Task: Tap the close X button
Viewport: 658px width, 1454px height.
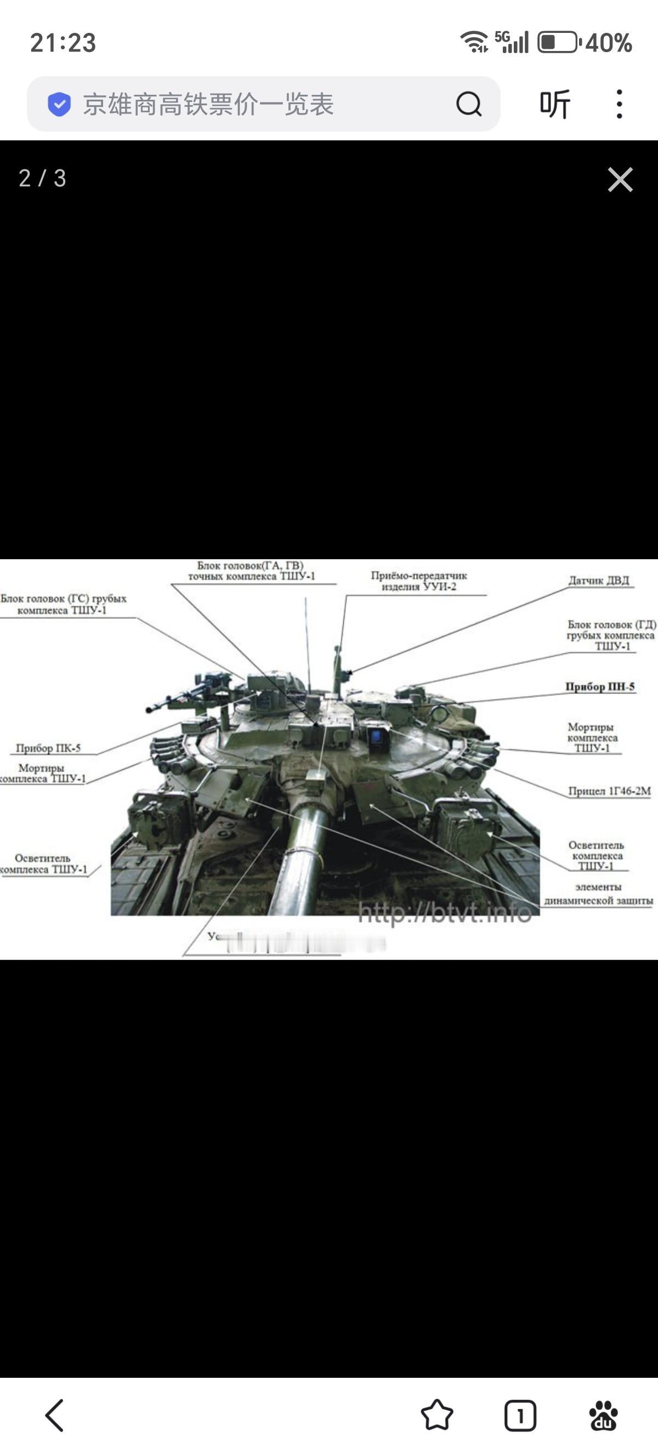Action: [x=620, y=179]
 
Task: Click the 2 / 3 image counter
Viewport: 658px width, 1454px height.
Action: [x=42, y=178]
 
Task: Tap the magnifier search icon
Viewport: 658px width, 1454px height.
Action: [x=468, y=104]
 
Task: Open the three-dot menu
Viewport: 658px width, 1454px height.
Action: [x=619, y=104]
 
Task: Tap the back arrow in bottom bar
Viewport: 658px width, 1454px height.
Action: [x=55, y=1415]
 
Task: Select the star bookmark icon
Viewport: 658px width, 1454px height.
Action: [x=437, y=1415]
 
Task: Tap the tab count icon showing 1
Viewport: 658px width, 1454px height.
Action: [x=520, y=1415]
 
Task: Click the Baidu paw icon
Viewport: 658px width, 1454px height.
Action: [x=603, y=1415]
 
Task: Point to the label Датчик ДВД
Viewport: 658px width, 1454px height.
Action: [x=598, y=580]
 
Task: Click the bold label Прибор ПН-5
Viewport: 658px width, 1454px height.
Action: [x=600, y=687]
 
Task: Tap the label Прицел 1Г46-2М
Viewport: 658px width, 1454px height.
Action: [x=609, y=791]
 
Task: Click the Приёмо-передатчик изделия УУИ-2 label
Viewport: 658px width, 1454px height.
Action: [x=419, y=581]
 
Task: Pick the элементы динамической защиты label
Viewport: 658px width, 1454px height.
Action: [x=598, y=894]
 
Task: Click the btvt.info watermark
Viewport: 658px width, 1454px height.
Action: [x=445, y=913]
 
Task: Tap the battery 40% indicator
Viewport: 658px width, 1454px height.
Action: [x=585, y=42]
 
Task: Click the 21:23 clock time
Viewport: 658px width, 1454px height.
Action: [x=63, y=42]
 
